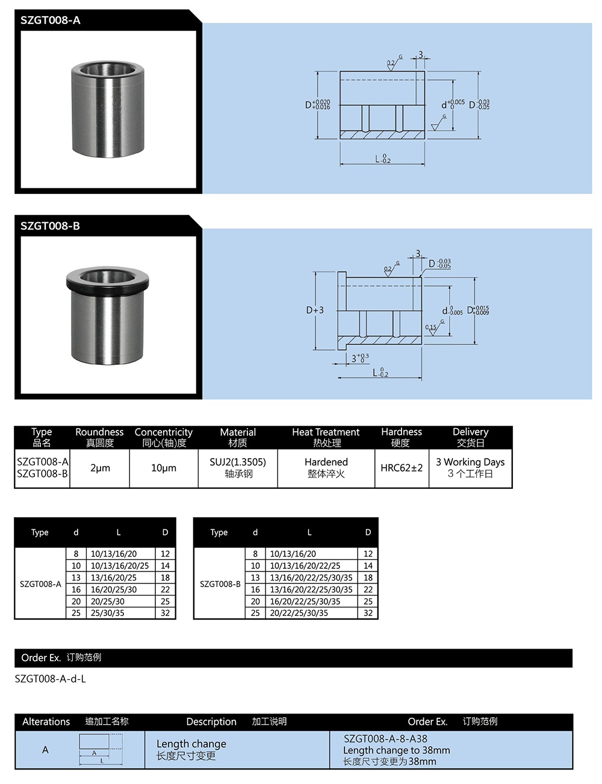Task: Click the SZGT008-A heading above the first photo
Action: [x=50, y=20]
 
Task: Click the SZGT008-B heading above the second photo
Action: [x=50, y=226]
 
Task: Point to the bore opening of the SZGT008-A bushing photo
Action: [x=108, y=69]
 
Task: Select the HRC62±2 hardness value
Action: [x=402, y=468]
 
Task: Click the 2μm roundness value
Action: [x=100, y=468]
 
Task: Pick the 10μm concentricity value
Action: [x=164, y=468]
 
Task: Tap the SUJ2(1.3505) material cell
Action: [x=238, y=462]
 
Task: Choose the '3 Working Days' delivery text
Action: [x=470, y=462]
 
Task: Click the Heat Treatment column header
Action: [x=326, y=432]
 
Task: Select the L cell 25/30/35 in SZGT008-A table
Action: [x=108, y=613]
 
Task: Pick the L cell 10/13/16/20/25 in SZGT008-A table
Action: [x=119, y=565]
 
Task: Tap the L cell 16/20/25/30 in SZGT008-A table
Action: [x=113, y=590]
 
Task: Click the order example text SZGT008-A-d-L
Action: [x=51, y=679]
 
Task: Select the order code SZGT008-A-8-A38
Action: [x=385, y=739]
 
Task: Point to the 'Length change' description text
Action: [x=191, y=744]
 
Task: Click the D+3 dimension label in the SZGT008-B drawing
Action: [x=315, y=310]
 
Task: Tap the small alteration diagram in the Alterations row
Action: [x=101, y=748]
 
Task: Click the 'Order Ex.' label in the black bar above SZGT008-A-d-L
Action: [x=41, y=658]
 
